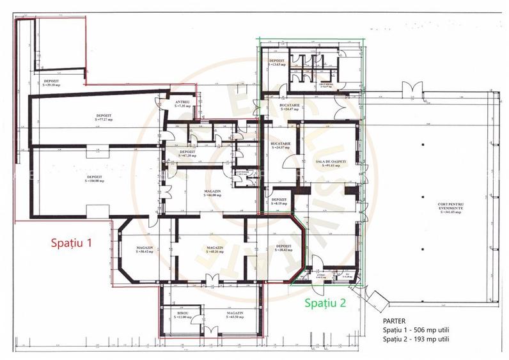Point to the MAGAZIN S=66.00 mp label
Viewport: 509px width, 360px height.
coord(213,192)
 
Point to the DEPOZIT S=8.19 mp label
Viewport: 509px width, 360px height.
coord(278,202)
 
